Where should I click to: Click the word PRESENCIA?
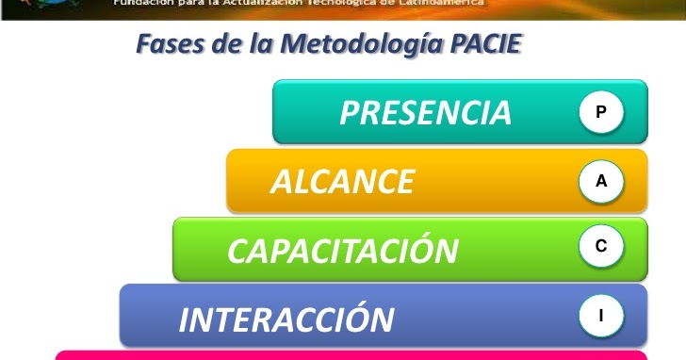(x=425, y=113)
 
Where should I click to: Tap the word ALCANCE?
(x=342, y=182)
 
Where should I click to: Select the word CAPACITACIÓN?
(x=343, y=251)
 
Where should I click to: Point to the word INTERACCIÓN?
(x=286, y=319)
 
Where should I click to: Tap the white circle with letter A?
(x=601, y=182)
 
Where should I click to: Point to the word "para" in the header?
(x=187, y=4)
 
